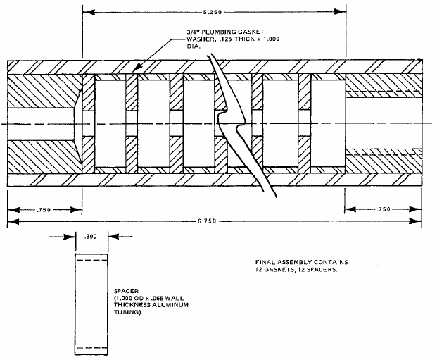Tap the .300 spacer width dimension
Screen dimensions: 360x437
(91, 238)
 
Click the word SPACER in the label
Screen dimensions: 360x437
(126, 290)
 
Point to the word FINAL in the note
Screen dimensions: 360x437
(268, 263)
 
